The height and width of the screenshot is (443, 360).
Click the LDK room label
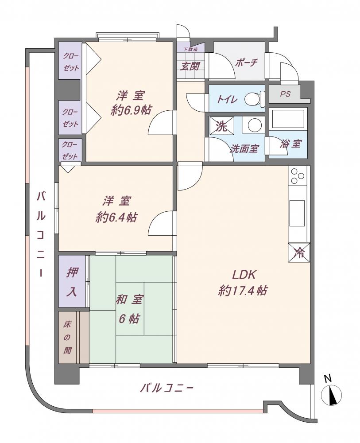244,275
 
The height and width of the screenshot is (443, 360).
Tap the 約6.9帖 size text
131,109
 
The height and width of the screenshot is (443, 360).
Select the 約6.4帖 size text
116,217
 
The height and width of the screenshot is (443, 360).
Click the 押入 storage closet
72,281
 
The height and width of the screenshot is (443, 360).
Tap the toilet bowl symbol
255,99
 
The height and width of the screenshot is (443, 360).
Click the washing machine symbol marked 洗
221,127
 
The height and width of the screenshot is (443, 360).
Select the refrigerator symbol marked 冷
299,253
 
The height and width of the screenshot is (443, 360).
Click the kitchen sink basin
297,214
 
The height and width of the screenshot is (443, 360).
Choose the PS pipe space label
285,94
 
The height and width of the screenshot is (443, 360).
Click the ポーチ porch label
246,62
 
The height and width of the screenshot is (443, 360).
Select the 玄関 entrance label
190,66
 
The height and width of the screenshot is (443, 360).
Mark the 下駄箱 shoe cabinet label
190,49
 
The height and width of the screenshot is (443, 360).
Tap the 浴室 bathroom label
290,144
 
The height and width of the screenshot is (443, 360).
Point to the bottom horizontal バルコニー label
167,388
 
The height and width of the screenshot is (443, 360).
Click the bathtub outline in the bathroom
288,119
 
